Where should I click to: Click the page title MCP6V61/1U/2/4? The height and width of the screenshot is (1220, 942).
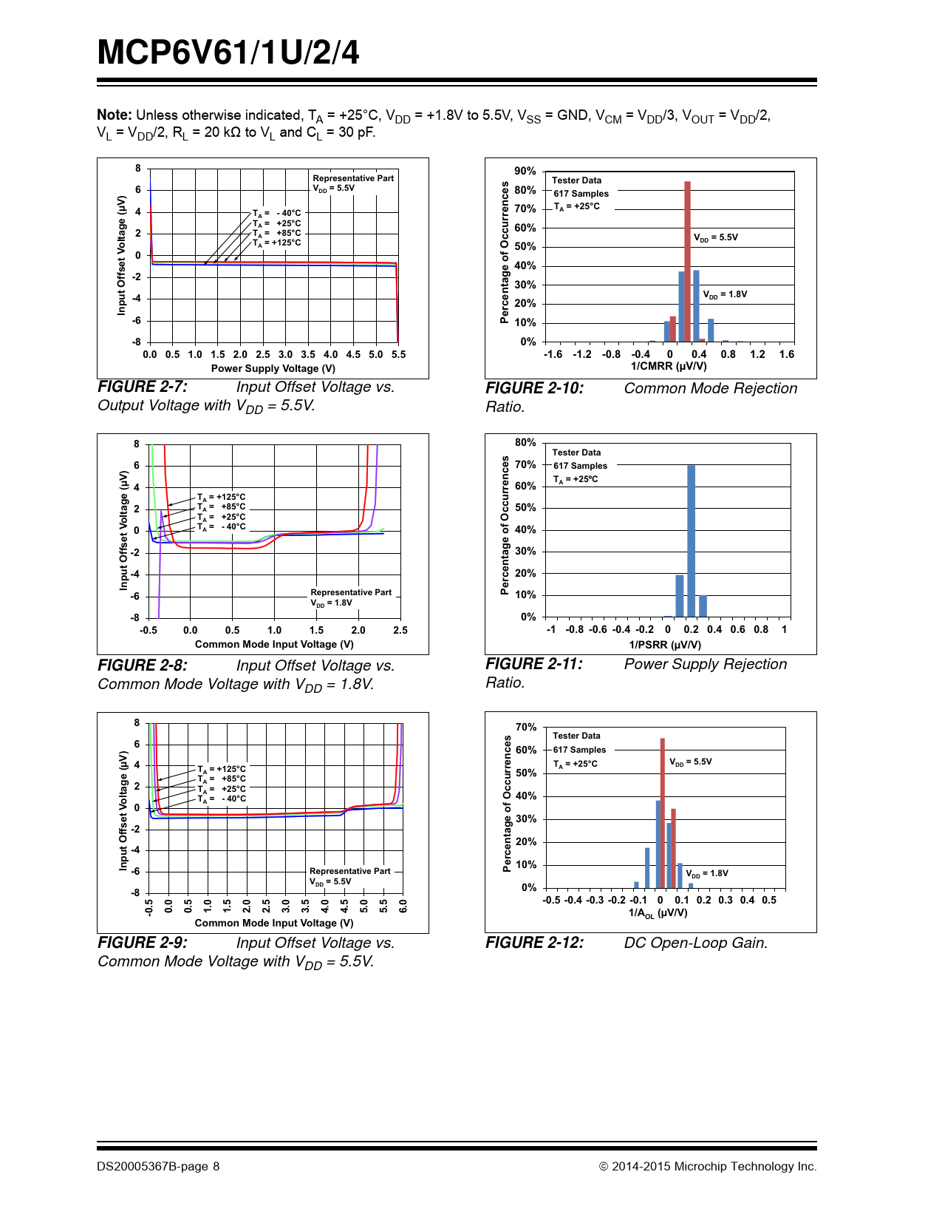click(x=228, y=53)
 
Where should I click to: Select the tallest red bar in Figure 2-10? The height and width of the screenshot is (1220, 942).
click(x=687, y=261)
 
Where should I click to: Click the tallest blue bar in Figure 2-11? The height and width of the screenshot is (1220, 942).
click(x=692, y=540)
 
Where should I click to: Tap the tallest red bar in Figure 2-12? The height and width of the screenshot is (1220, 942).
click(x=663, y=813)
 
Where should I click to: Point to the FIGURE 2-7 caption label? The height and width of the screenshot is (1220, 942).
click(x=143, y=387)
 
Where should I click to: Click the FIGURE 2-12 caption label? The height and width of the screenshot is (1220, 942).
click(x=534, y=943)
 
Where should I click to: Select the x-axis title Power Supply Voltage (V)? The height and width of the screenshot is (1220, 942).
click(x=273, y=368)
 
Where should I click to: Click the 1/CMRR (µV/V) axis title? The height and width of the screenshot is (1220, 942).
click(x=669, y=366)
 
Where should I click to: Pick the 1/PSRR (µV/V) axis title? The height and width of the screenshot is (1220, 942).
click(x=665, y=645)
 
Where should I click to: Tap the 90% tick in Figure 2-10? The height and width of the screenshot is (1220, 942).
click(x=525, y=172)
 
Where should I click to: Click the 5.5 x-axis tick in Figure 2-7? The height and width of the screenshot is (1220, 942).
click(x=399, y=355)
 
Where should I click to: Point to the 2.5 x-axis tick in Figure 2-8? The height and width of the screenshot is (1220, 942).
click(x=400, y=631)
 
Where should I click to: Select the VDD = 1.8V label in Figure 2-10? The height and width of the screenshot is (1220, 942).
click(x=725, y=294)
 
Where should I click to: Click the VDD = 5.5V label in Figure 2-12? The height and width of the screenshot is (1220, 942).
click(x=691, y=762)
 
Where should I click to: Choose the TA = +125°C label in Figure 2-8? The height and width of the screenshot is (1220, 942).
click(x=222, y=498)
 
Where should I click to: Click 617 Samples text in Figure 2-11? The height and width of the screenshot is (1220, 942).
click(x=580, y=466)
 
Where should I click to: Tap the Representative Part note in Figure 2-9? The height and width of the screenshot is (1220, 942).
click(x=350, y=871)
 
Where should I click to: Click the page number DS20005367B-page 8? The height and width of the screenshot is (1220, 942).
click(x=158, y=1167)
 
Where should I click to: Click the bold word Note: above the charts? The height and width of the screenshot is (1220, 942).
click(x=115, y=115)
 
